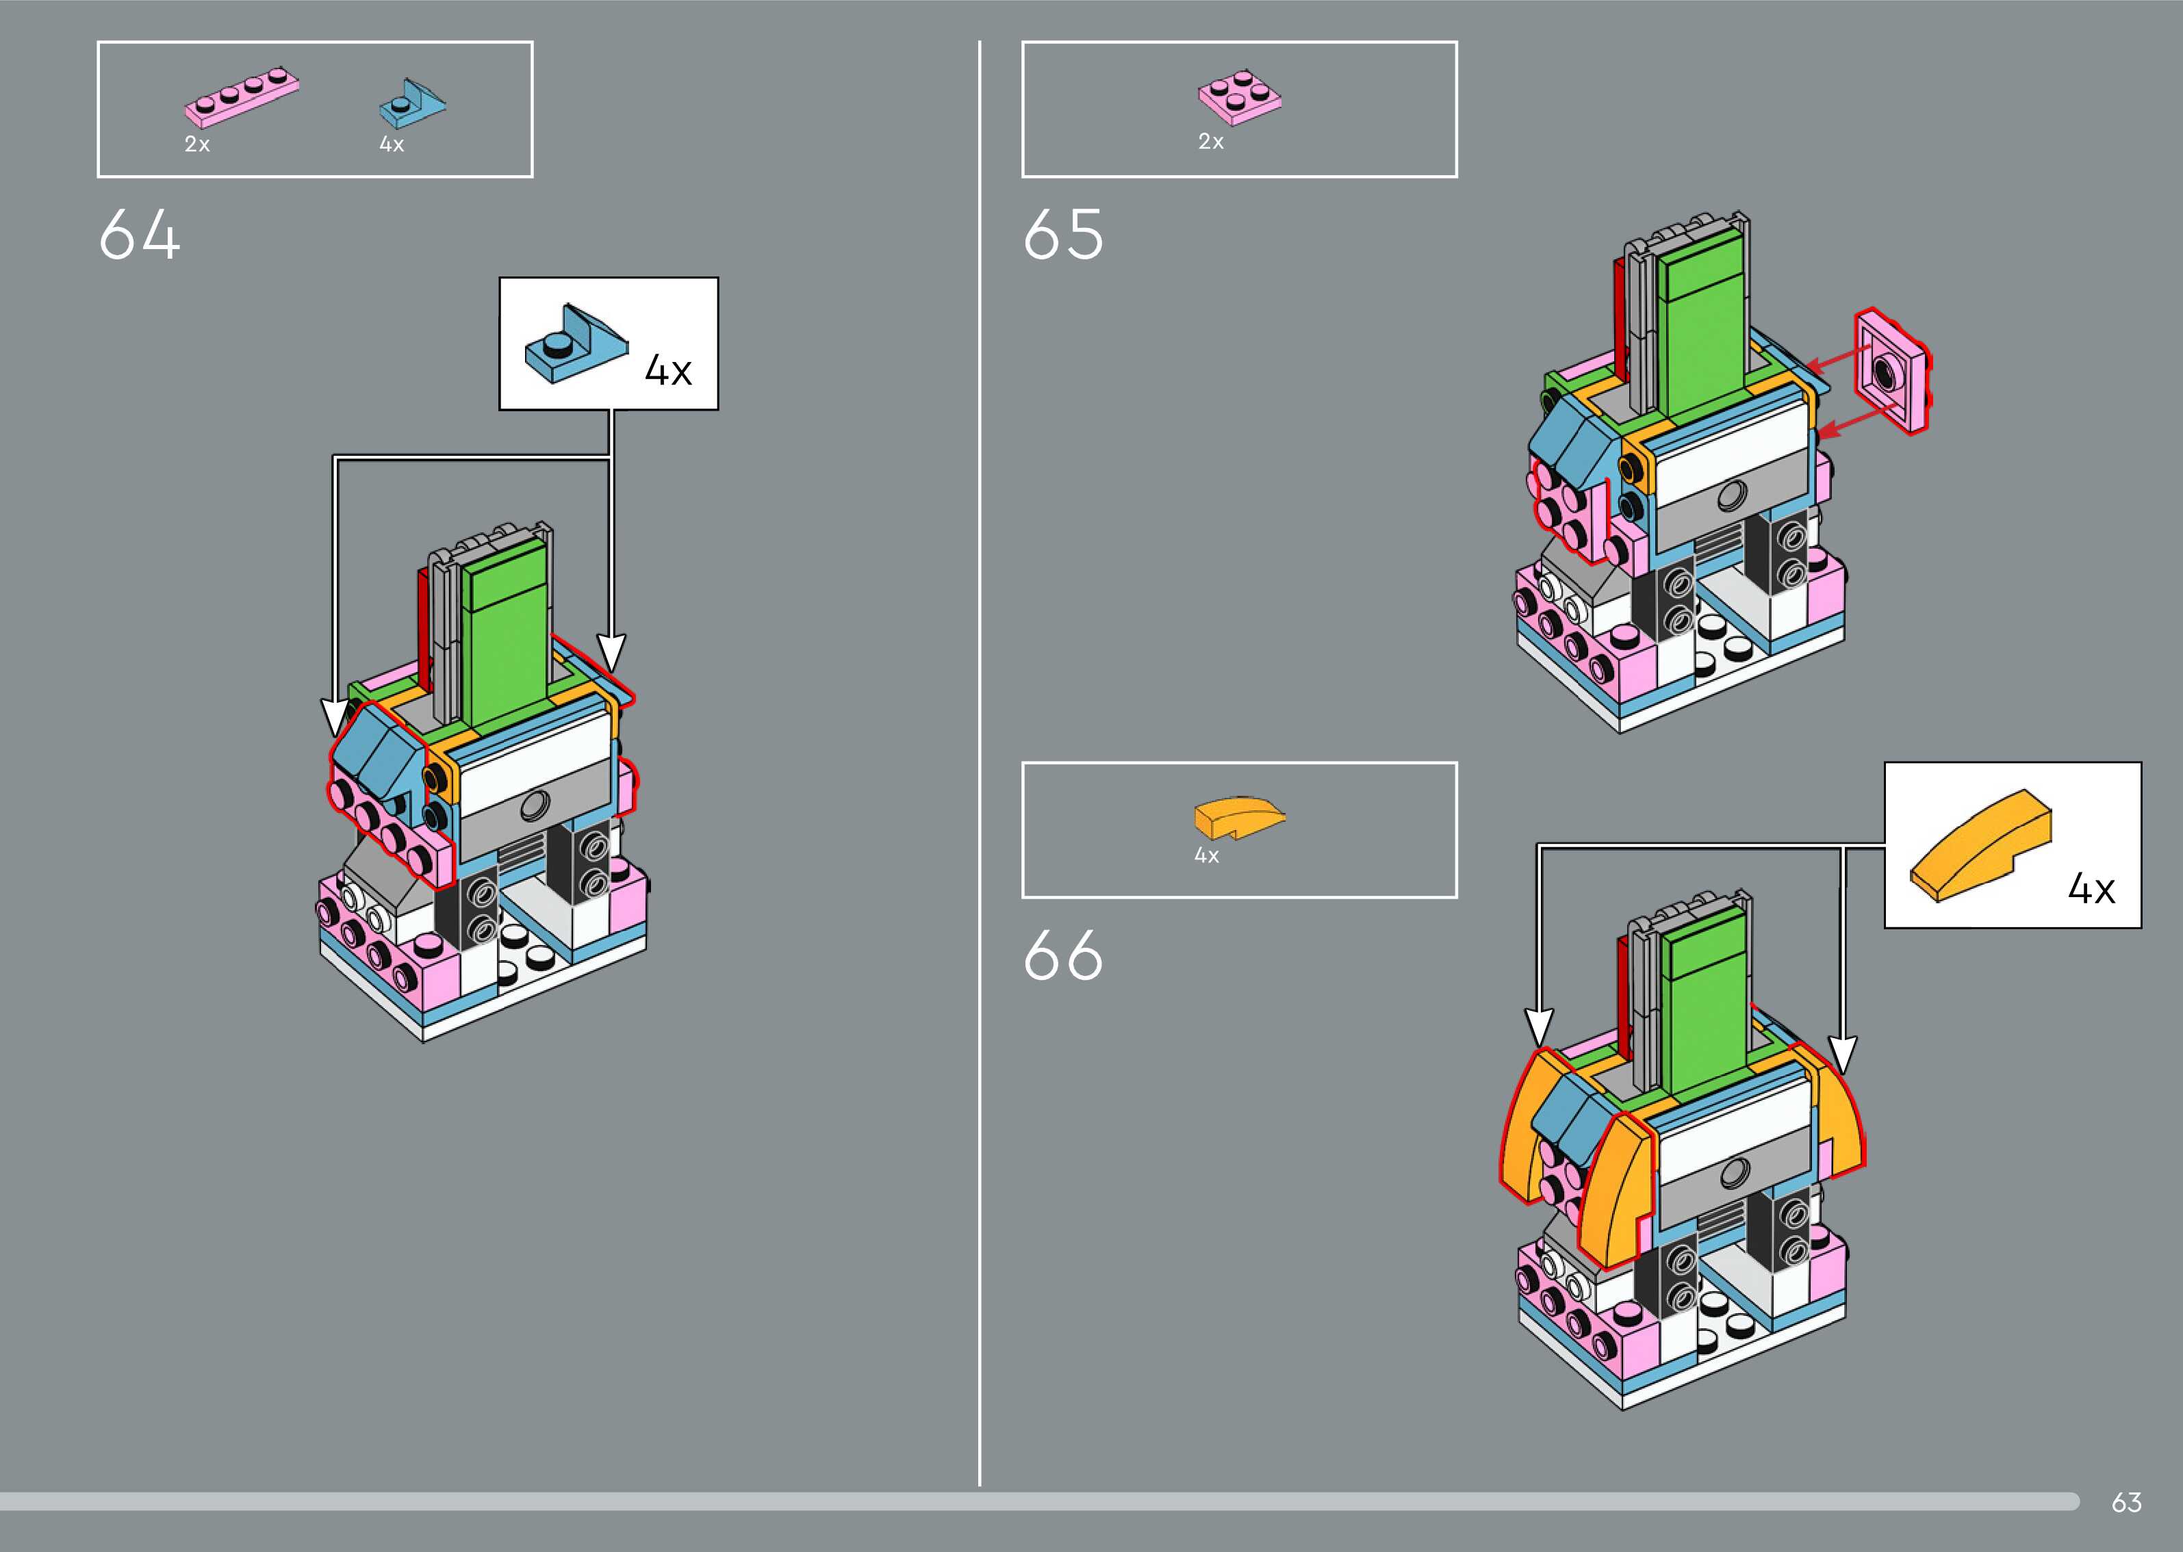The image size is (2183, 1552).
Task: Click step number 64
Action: [140, 235]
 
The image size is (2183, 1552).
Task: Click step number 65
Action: [1063, 235]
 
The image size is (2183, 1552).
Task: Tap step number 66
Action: [1063, 956]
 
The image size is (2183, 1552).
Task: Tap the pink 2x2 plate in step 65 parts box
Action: [1240, 96]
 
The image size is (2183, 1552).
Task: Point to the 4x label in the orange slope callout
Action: [2091, 890]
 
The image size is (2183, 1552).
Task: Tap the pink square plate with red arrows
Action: [1891, 371]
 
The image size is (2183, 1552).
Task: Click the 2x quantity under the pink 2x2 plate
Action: [1210, 142]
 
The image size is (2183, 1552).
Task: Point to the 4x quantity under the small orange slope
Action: [1206, 856]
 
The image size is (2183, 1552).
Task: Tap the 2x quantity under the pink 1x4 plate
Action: [197, 144]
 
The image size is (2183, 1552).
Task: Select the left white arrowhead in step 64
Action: [333, 719]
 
